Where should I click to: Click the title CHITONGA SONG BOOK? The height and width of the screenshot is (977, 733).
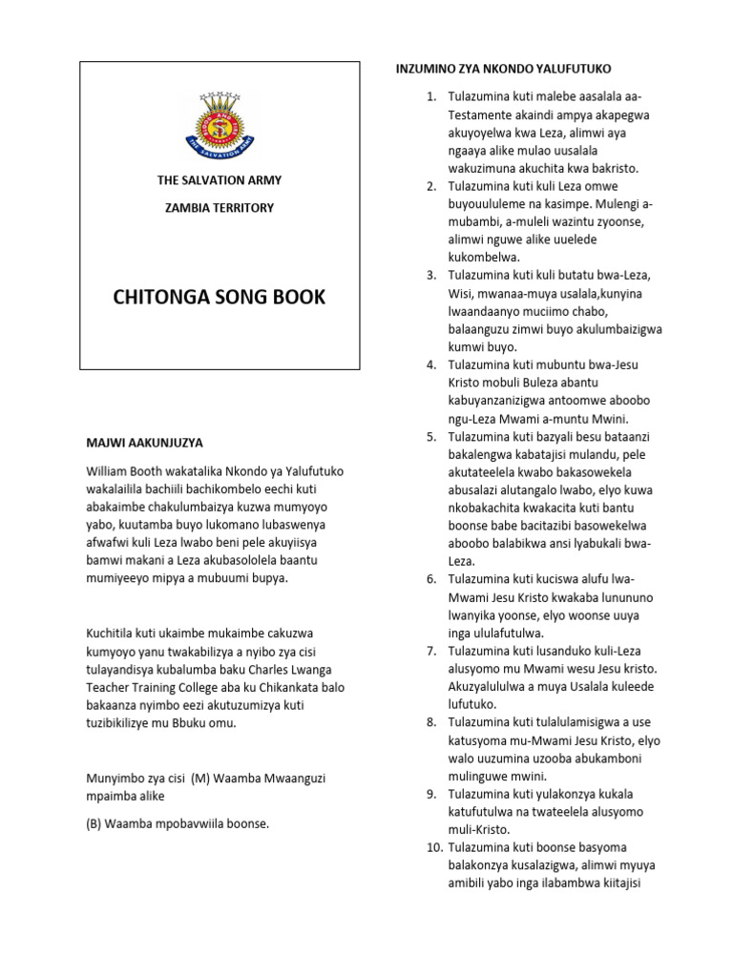coord(219,297)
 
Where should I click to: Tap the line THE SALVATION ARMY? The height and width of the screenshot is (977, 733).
coord(219,180)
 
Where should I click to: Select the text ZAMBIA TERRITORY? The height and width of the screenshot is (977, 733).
coord(219,207)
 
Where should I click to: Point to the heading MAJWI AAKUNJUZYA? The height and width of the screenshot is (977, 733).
coord(145,444)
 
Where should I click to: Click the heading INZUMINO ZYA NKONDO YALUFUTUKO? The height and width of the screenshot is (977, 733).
coord(503,69)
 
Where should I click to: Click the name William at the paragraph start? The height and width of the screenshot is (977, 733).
coord(110,470)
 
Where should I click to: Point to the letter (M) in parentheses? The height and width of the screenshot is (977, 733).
coord(199,779)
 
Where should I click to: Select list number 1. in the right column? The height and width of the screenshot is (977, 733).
coord(430,97)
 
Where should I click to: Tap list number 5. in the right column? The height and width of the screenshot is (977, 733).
coord(430,436)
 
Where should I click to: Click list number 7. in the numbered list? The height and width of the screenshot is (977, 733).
coord(430,650)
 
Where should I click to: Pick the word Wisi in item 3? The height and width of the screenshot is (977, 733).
coord(462,293)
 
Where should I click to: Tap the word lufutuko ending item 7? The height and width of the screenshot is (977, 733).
coord(473,703)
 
